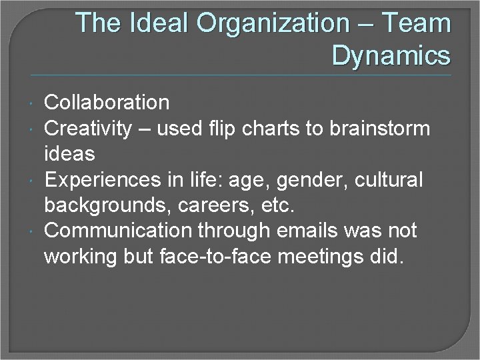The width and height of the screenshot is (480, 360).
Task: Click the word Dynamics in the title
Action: [391, 55]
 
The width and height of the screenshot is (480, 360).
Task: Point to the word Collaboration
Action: [107, 103]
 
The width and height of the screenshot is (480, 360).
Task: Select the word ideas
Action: [69, 153]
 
